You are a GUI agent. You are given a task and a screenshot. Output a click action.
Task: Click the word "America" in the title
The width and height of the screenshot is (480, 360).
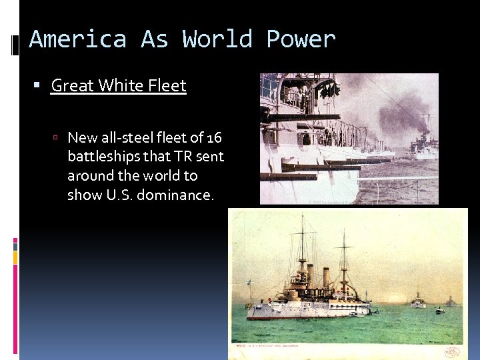77,39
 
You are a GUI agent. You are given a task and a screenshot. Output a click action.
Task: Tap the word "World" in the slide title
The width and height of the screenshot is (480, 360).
217,39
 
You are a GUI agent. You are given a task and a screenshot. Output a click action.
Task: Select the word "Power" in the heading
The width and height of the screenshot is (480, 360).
301,39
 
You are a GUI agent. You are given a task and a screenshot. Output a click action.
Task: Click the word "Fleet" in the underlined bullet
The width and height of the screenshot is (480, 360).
167,86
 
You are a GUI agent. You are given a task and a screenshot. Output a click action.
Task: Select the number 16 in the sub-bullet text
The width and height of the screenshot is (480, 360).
214,138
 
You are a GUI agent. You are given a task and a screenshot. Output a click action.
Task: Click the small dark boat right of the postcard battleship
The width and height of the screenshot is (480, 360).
439,310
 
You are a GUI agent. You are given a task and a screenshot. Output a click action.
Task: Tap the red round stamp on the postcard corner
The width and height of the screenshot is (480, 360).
453,351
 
